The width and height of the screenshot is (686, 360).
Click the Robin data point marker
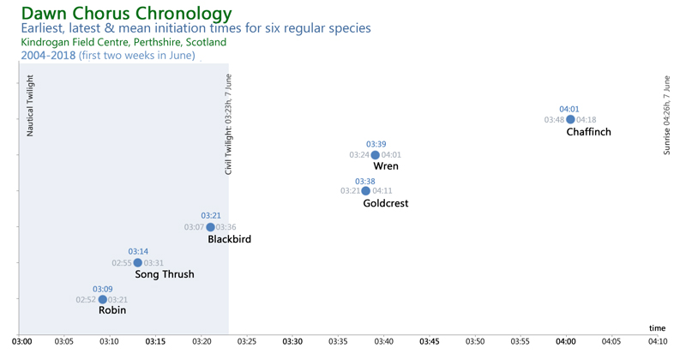pos(103,299)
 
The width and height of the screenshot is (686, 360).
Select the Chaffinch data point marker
pos(570,119)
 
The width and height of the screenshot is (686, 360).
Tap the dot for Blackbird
pos(210,227)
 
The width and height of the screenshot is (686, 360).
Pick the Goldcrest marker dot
pos(366,190)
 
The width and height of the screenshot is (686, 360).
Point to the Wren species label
pos(386,166)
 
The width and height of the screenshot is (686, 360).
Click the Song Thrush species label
pos(165,274)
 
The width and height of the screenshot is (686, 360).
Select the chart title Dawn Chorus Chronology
pos(126,14)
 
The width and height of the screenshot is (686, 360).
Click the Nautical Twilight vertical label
pos(31,106)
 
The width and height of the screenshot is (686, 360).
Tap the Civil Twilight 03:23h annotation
pos(229,124)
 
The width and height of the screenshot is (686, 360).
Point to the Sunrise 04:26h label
pos(668,114)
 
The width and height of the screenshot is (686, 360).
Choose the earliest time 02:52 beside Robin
pos(86,299)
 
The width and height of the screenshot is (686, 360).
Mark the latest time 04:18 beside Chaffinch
pos(587,120)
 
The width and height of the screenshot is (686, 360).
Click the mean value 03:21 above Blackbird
pos(211,215)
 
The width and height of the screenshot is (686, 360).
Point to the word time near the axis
pos(657,327)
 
